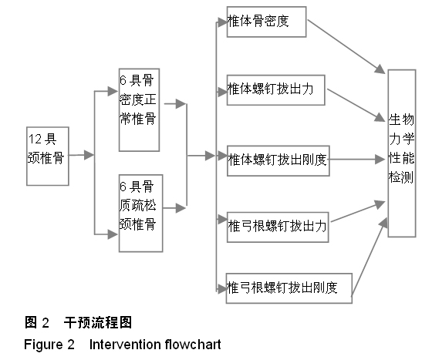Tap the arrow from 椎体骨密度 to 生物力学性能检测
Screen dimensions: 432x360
pyautogui.click(x=346, y=46)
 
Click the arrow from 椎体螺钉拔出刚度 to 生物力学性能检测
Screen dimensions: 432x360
pyautogui.click(x=357, y=160)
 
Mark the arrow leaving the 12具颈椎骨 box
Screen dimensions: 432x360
pyautogui.click(x=81, y=155)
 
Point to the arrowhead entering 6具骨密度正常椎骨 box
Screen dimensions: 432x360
pyautogui.click(x=113, y=91)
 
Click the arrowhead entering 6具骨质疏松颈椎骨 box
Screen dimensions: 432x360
pyautogui.click(x=113, y=234)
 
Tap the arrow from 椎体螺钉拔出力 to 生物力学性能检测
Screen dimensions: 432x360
pyautogui.click(x=356, y=105)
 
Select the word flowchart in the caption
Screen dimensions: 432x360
pyautogui.click(x=193, y=345)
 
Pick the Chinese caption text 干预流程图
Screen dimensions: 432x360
pyautogui.click(x=98, y=322)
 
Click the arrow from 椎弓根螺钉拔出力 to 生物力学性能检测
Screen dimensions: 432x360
pyautogui.click(x=358, y=211)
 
